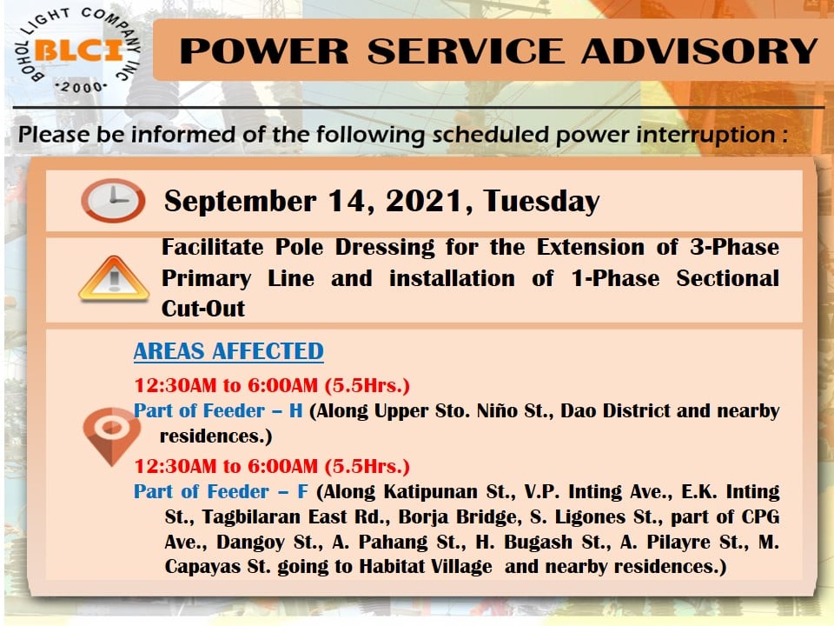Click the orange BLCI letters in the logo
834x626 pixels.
[x=80, y=51]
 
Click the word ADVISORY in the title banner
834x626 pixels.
[x=699, y=51]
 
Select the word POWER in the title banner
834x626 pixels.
[x=264, y=51]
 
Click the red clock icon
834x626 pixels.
[x=113, y=200]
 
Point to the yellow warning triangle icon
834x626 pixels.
[x=114, y=278]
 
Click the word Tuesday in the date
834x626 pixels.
[x=541, y=202]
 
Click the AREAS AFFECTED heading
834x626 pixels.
[x=228, y=351]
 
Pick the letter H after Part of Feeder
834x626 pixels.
[x=295, y=411]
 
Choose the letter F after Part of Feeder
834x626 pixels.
[x=302, y=491]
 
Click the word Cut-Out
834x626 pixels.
[x=203, y=309]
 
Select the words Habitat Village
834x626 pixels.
[x=426, y=566]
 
